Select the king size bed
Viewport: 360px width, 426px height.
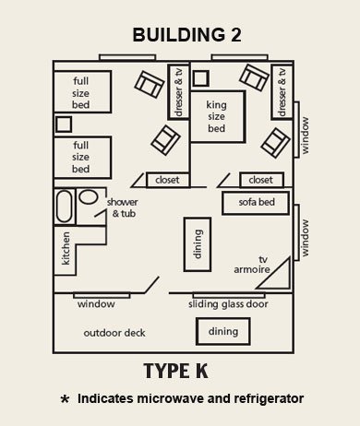click(x=218, y=117)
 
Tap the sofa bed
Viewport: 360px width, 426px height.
click(x=254, y=200)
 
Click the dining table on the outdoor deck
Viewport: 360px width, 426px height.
click(x=217, y=331)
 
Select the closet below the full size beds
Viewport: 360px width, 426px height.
click(x=167, y=180)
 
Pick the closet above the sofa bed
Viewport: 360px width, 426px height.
click(x=261, y=180)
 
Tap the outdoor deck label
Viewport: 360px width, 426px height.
click(x=115, y=332)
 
